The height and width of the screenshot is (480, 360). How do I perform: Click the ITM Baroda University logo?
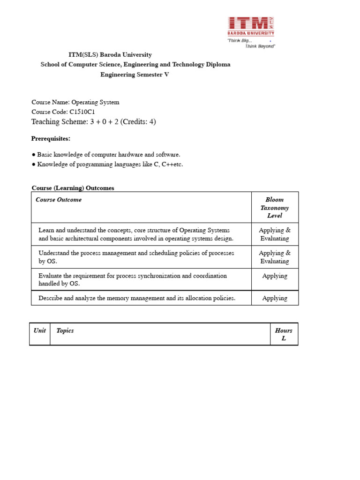pos(251,26)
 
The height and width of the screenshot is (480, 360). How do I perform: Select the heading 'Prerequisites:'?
pos(51,138)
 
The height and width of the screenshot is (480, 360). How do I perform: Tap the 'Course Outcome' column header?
pos(59,200)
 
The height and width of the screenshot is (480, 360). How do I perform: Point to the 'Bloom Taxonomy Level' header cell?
pos(275,208)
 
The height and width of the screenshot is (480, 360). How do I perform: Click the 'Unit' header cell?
pos(40,330)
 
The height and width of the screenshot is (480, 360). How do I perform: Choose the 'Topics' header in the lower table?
pos(65,330)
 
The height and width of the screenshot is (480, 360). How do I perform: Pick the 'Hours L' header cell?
pos(284,334)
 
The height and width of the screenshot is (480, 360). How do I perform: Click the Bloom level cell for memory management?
pos(275,298)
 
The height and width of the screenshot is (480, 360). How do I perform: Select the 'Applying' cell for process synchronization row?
pos(275,276)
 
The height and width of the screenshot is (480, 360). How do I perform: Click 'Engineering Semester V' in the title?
pos(135,75)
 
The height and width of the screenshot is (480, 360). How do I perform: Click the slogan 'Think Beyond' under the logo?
pos(260,46)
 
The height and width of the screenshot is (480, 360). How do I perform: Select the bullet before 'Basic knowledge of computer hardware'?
pos(34,155)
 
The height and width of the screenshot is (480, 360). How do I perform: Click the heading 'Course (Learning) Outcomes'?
pos(73,188)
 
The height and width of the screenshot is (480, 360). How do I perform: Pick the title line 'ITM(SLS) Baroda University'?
pos(110,55)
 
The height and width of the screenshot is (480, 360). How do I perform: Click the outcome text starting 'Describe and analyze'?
pos(137,298)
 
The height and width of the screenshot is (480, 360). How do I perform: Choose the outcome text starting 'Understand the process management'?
pos(136,253)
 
